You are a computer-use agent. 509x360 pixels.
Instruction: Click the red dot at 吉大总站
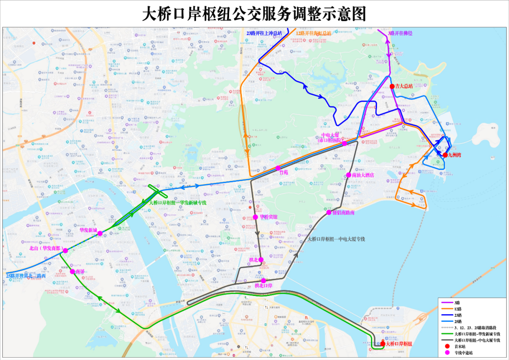tap(392, 86)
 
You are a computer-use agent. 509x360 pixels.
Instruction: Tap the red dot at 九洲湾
tap(444, 155)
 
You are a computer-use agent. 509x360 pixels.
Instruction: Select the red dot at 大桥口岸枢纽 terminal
tap(382, 344)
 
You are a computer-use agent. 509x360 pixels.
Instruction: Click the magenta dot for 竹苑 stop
tap(278, 168)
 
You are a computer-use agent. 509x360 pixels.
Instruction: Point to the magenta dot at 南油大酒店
tap(349, 175)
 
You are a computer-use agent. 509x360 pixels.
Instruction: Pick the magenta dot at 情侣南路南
tap(329, 212)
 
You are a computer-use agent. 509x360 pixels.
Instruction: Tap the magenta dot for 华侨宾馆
tap(255, 217)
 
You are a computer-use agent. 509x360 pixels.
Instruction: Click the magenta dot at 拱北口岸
tap(263, 281)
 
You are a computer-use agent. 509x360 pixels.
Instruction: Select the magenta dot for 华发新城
tap(100, 233)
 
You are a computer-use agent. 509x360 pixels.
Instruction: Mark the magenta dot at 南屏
tap(72, 271)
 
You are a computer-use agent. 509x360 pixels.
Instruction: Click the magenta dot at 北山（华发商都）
tap(66, 251)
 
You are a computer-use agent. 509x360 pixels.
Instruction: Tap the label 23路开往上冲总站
tap(264, 33)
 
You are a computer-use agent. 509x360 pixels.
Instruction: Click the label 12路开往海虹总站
tap(313, 33)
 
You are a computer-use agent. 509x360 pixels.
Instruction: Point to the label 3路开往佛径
tap(400, 33)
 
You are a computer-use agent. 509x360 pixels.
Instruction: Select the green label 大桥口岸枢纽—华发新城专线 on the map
tap(178, 203)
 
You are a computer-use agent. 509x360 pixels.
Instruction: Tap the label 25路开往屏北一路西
tap(26, 276)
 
